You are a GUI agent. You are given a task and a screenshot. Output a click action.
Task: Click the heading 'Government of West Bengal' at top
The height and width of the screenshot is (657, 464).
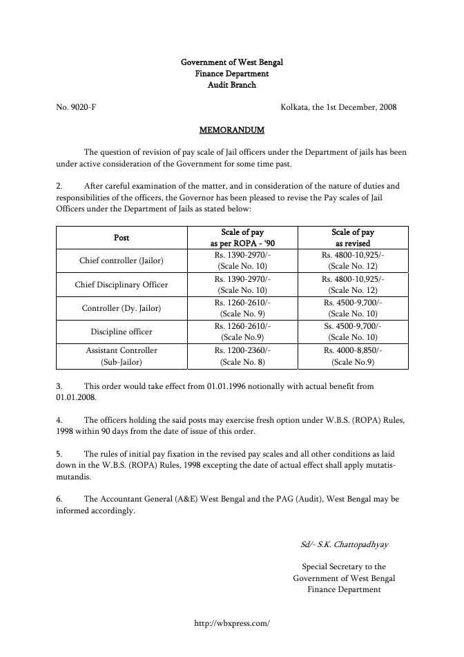click(231, 62)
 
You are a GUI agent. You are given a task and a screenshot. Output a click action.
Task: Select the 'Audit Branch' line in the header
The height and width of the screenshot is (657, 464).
click(231, 85)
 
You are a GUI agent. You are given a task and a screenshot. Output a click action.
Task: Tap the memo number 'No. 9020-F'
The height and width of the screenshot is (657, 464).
click(71, 107)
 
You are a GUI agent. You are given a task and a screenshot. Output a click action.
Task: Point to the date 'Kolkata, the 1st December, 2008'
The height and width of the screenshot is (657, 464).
click(338, 107)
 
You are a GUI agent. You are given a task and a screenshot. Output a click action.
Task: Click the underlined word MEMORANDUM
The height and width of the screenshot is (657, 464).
click(231, 130)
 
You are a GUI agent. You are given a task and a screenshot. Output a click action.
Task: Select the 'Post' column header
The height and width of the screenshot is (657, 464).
click(122, 238)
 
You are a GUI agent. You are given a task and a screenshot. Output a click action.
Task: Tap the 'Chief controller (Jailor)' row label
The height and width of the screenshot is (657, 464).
click(122, 260)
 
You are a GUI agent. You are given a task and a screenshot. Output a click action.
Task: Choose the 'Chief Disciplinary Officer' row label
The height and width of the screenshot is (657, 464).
click(122, 285)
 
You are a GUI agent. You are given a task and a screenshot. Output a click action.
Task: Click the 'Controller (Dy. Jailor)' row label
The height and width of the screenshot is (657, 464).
click(122, 308)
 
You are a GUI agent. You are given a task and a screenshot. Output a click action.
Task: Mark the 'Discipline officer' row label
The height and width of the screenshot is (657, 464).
click(122, 332)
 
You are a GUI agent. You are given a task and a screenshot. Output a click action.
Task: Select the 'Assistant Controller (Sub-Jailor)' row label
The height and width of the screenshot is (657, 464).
click(122, 355)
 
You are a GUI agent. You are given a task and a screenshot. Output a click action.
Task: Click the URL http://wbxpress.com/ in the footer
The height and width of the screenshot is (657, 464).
click(231, 622)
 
